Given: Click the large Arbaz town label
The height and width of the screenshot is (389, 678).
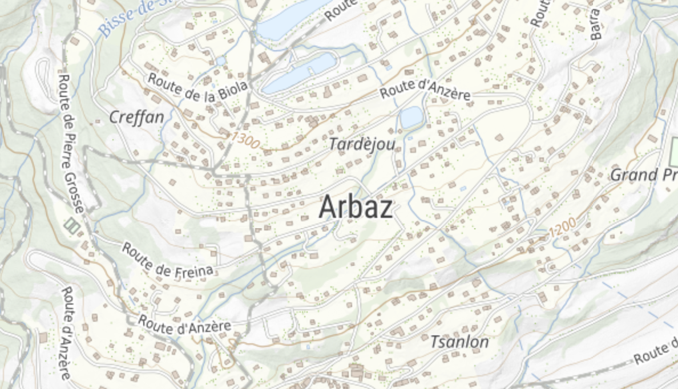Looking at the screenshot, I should [x=356, y=206].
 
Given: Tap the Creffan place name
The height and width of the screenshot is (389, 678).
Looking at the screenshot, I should [x=136, y=117].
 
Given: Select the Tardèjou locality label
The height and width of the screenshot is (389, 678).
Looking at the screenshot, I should [x=362, y=144].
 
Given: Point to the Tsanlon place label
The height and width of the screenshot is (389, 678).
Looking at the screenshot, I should [x=459, y=342].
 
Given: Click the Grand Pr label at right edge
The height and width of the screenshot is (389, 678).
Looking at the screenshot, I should [x=643, y=175].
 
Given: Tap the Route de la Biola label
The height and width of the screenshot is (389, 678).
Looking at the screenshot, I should [x=198, y=87].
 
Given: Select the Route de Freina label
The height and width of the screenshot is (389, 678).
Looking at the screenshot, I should [x=168, y=260].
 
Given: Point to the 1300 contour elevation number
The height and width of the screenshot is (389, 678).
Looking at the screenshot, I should [x=245, y=140].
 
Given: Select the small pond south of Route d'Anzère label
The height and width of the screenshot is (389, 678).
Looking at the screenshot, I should [x=411, y=117].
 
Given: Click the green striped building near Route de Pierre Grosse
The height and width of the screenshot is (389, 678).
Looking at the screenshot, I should [x=71, y=225].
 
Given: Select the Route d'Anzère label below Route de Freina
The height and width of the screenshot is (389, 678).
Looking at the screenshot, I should [x=184, y=324].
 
